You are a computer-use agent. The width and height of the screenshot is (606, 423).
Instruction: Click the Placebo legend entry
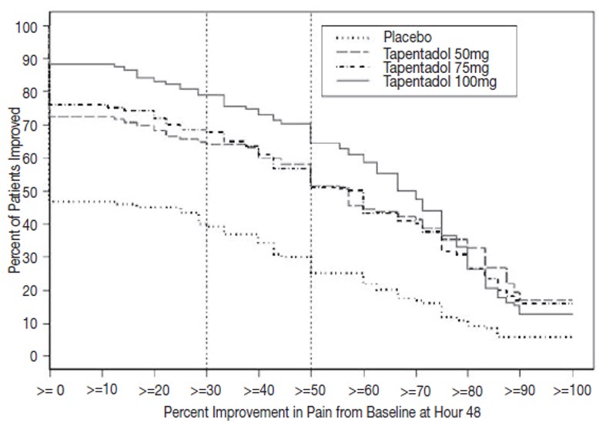(407, 37)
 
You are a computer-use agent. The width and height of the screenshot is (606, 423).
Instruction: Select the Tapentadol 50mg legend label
(435, 53)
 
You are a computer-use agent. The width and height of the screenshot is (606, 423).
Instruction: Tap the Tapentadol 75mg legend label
(435, 68)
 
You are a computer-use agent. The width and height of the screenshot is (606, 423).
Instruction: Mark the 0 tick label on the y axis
(33, 356)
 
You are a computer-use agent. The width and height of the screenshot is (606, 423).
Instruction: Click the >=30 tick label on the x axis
(206, 389)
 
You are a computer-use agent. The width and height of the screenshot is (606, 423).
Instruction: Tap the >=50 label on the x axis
(311, 389)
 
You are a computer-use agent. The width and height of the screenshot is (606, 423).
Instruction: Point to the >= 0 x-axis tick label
(49, 389)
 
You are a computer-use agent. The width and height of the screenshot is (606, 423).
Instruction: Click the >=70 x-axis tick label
(416, 389)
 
